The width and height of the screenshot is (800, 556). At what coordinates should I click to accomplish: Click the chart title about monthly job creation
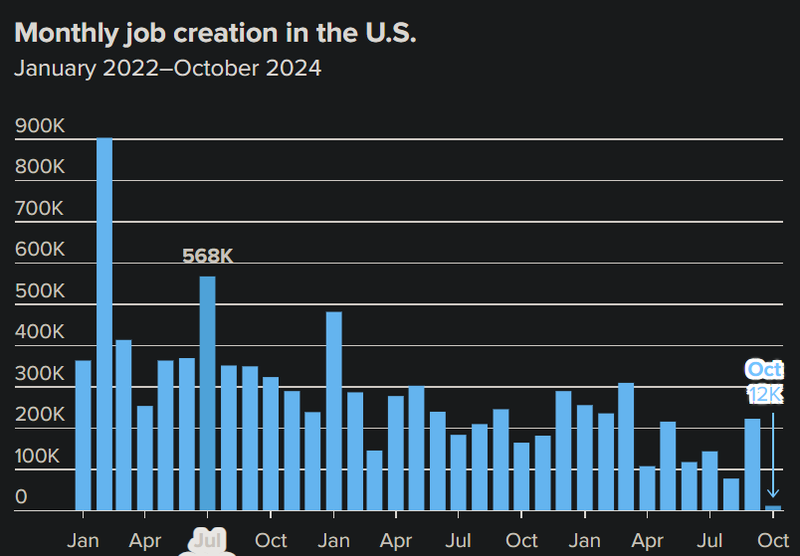(x=216, y=33)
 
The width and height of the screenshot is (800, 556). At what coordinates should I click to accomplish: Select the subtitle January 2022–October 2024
(x=167, y=69)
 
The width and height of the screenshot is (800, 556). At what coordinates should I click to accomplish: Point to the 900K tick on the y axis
(x=40, y=126)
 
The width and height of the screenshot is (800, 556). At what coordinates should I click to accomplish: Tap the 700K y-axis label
(x=40, y=209)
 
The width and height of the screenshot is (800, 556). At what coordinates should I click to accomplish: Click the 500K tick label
(x=40, y=292)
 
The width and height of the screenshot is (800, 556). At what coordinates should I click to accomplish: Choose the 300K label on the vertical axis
(x=40, y=375)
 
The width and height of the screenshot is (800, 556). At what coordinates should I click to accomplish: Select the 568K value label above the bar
(x=207, y=257)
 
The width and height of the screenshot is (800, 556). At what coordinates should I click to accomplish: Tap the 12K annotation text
(x=765, y=395)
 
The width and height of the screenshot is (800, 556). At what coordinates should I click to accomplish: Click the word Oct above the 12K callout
(x=765, y=370)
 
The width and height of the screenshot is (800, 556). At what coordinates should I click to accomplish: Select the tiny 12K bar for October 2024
(x=773, y=507)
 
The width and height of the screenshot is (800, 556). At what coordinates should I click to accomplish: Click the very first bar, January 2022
(x=83, y=436)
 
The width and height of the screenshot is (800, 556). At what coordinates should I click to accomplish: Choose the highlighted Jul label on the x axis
(x=207, y=541)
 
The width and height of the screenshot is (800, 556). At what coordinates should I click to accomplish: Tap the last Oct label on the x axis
(x=773, y=541)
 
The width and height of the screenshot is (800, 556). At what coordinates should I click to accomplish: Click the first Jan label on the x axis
(x=83, y=541)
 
